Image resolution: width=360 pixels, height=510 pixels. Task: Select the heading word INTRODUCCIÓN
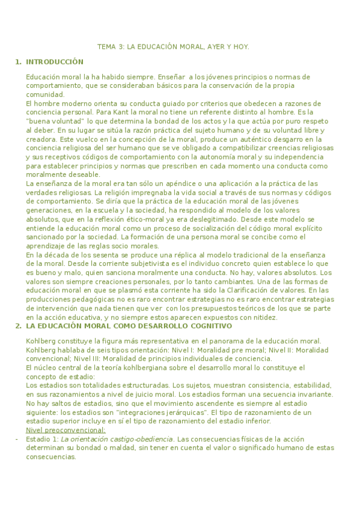tap(55, 62)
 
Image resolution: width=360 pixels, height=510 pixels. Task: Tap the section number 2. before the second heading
tap(18, 326)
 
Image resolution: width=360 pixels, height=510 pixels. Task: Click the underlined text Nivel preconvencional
tap(66, 430)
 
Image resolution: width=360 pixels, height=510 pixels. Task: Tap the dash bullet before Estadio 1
tap(17, 439)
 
